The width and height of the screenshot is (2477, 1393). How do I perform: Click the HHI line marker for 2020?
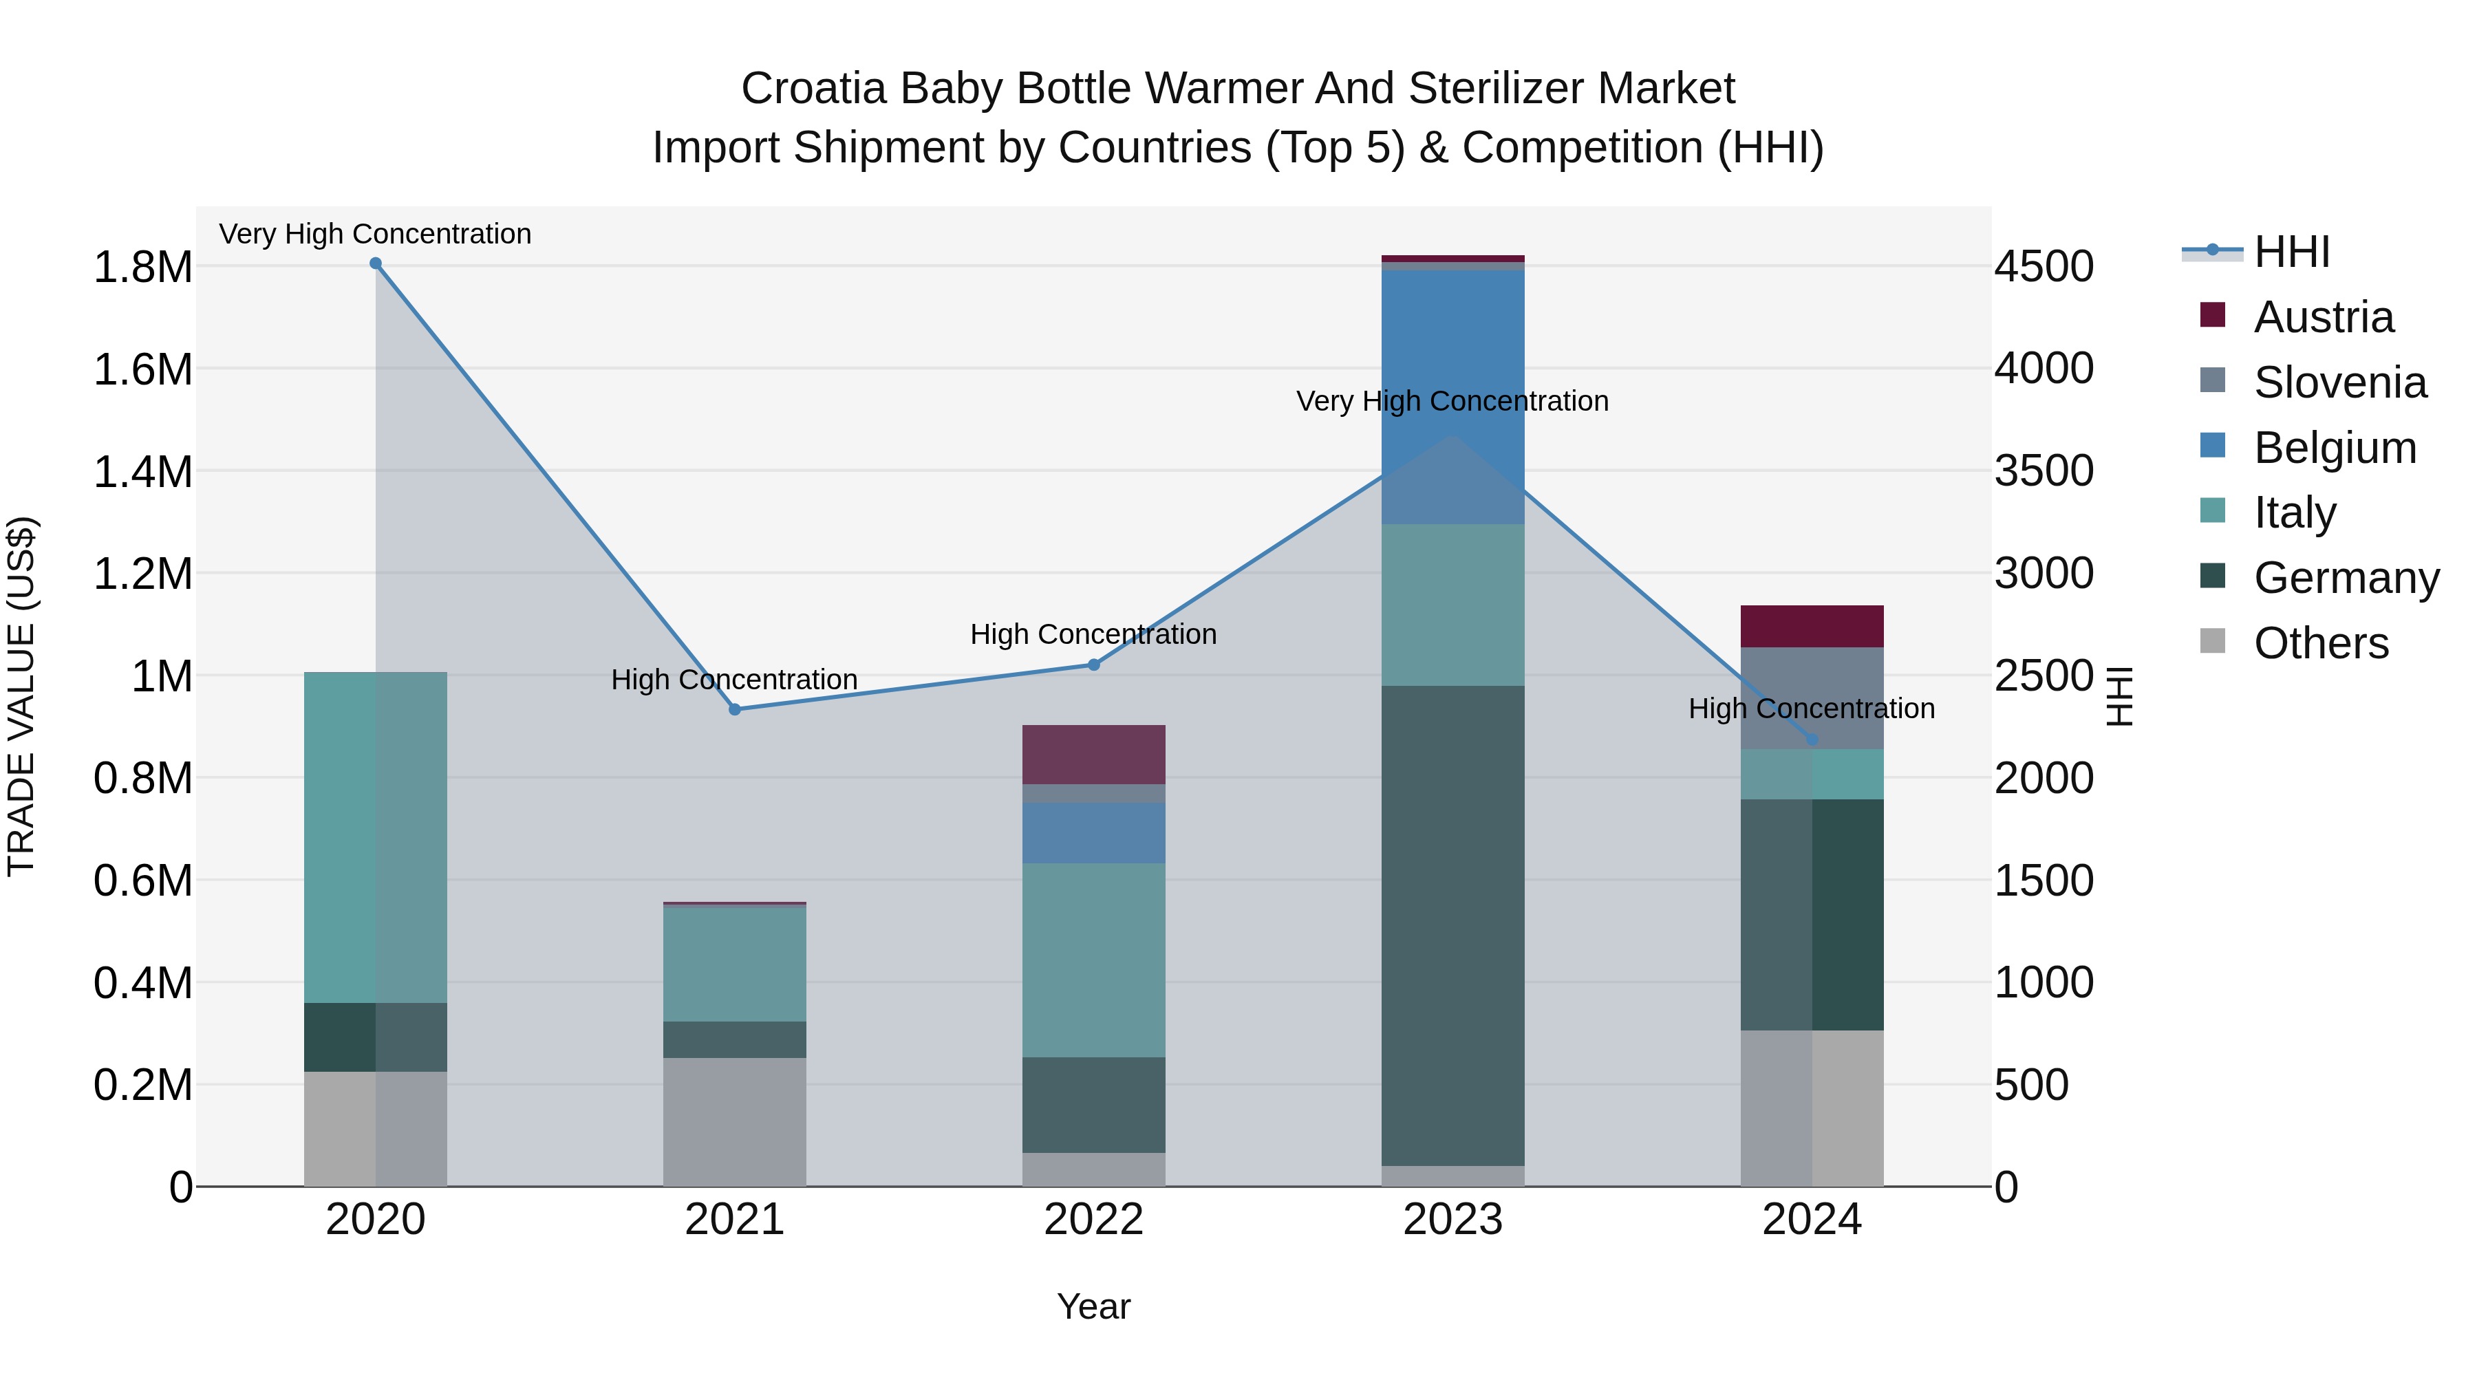(x=376, y=263)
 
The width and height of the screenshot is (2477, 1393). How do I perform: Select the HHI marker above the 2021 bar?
(x=735, y=709)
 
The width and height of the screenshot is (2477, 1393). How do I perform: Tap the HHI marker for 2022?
(x=1093, y=665)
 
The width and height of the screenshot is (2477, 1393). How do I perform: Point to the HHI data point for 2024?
(x=1812, y=739)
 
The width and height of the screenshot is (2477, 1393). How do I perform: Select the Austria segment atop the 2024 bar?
(x=1812, y=626)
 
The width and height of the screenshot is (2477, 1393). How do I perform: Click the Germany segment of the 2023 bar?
(x=1452, y=923)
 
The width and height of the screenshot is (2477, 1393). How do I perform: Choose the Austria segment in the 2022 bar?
(x=1093, y=754)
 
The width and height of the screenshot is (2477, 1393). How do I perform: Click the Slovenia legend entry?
(x=2339, y=382)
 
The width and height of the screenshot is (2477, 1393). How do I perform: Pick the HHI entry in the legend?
(x=2291, y=252)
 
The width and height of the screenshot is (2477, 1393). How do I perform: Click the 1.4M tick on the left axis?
(x=142, y=472)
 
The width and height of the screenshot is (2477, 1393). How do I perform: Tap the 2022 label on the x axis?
(x=1093, y=1220)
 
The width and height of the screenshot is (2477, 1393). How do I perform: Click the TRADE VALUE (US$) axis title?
(x=21, y=696)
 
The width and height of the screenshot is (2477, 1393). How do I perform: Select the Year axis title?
(x=1093, y=1306)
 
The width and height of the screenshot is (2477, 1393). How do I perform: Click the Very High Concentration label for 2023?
(x=1452, y=401)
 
